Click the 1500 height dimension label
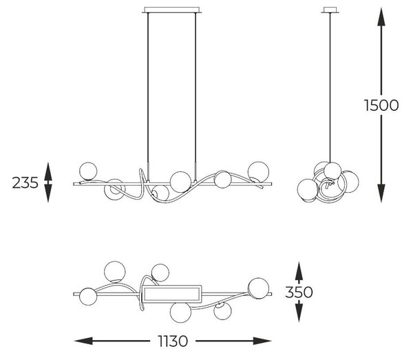click(x=381, y=105)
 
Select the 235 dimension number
click(x=25, y=183)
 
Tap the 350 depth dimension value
click(x=299, y=293)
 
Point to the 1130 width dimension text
click(x=173, y=341)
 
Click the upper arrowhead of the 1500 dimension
click(x=381, y=17)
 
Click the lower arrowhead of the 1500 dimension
click(x=381, y=193)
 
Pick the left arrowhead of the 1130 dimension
click(x=84, y=341)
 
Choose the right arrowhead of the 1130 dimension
click(x=262, y=341)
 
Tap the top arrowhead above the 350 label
click(x=299, y=271)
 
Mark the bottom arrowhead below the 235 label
click(x=48, y=193)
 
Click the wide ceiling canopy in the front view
click(x=172, y=10)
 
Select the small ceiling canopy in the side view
click(x=330, y=10)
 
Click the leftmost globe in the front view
click(x=88, y=171)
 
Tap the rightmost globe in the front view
click(x=258, y=172)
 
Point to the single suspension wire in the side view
click(x=330, y=87)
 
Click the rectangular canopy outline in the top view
click(x=171, y=294)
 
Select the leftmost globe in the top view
click(x=88, y=297)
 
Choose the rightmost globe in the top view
click(x=259, y=288)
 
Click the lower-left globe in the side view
click(x=308, y=189)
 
